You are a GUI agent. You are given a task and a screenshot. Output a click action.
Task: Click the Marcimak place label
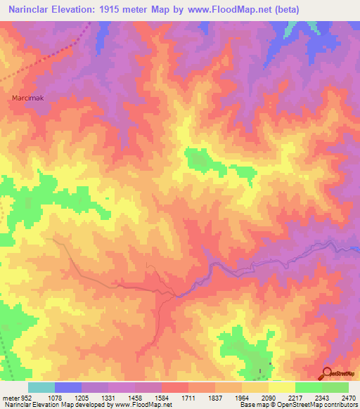click(x=28, y=98)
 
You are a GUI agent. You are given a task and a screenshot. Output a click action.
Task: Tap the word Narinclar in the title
click(x=32, y=10)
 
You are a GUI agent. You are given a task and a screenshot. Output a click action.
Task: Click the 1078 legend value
click(x=54, y=398)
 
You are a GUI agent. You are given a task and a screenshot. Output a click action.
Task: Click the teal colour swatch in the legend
click(x=41, y=387)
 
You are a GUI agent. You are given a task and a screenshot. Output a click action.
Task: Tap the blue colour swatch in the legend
click(x=67, y=387)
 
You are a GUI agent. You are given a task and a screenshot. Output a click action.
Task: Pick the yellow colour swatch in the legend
click(x=281, y=387)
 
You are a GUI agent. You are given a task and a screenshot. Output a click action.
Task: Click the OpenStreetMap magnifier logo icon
click(x=328, y=373)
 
